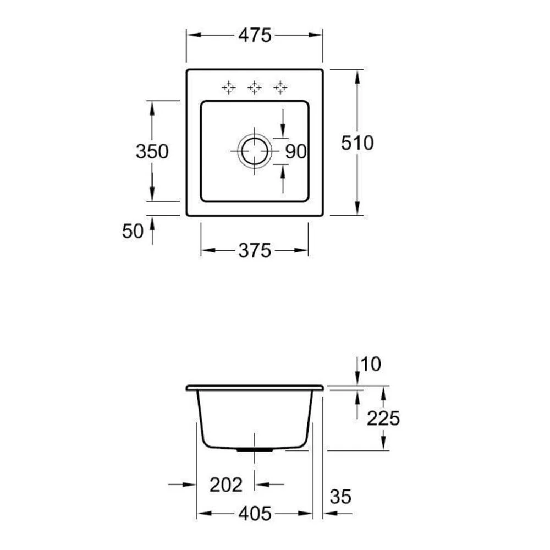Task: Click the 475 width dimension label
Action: point(255,35)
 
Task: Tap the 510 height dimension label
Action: point(358,143)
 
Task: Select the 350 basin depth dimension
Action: point(152,152)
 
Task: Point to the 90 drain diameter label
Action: point(296,152)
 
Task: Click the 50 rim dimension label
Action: point(133,231)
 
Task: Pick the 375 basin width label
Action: point(255,250)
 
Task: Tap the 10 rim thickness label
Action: point(370,364)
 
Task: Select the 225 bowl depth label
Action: point(383,418)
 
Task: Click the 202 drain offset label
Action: point(226,485)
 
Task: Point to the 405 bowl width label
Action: point(255,514)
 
